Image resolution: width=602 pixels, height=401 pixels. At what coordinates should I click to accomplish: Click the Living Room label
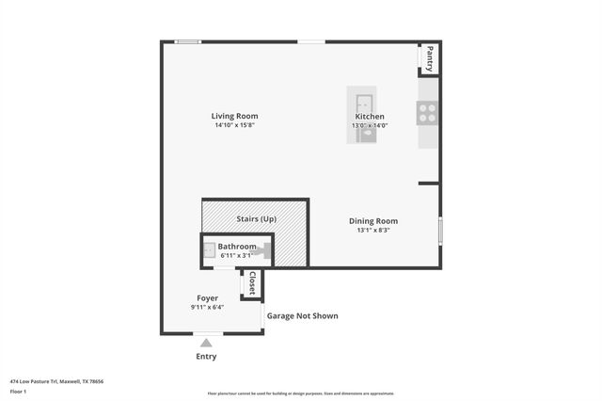tap(234, 116)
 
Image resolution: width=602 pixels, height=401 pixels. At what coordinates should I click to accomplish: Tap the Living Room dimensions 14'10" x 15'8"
tap(234, 125)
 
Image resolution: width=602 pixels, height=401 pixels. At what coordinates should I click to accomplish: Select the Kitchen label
tap(369, 116)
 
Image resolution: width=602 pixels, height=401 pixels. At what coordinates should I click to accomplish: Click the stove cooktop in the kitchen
tap(427, 113)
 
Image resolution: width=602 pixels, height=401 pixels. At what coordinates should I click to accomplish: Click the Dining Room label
tap(373, 220)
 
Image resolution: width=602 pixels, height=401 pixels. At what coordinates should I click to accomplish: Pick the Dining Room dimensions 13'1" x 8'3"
tap(373, 230)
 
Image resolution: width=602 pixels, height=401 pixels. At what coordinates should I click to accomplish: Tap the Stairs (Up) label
tap(256, 218)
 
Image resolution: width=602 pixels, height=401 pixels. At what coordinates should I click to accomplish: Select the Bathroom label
tap(237, 246)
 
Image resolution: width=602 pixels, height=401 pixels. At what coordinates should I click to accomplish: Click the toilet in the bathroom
tap(266, 251)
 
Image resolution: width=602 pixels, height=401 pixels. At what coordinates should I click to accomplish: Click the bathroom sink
tap(210, 251)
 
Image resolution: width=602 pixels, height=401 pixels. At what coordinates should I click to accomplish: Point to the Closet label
tap(251, 283)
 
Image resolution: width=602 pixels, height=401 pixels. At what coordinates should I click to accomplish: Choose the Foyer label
tap(207, 298)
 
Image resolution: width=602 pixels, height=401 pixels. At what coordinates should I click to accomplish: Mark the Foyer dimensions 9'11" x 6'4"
tap(207, 308)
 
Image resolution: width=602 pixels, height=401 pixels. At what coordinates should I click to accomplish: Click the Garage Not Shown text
tap(303, 316)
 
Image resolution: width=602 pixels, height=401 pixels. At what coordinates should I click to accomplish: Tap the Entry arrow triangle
tap(206, 343)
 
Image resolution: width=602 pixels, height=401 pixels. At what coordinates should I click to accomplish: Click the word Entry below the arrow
tap(206, 356)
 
